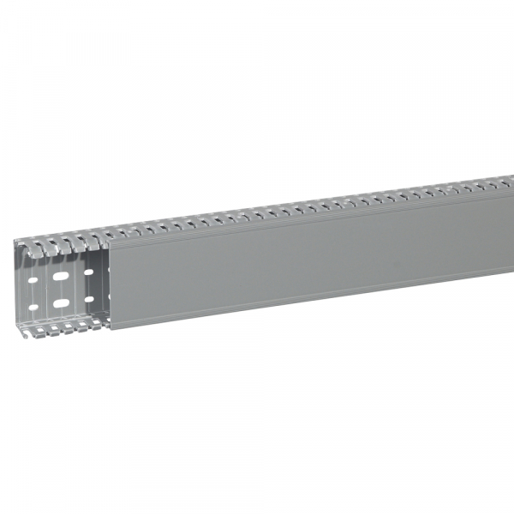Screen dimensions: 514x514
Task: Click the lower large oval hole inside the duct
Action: point(60,303)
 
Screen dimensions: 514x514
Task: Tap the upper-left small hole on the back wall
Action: point(33,280)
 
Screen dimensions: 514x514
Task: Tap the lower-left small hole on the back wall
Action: point(33,307)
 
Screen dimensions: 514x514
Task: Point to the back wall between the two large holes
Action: point(60,290)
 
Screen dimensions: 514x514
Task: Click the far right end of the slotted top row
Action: point(509,181)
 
